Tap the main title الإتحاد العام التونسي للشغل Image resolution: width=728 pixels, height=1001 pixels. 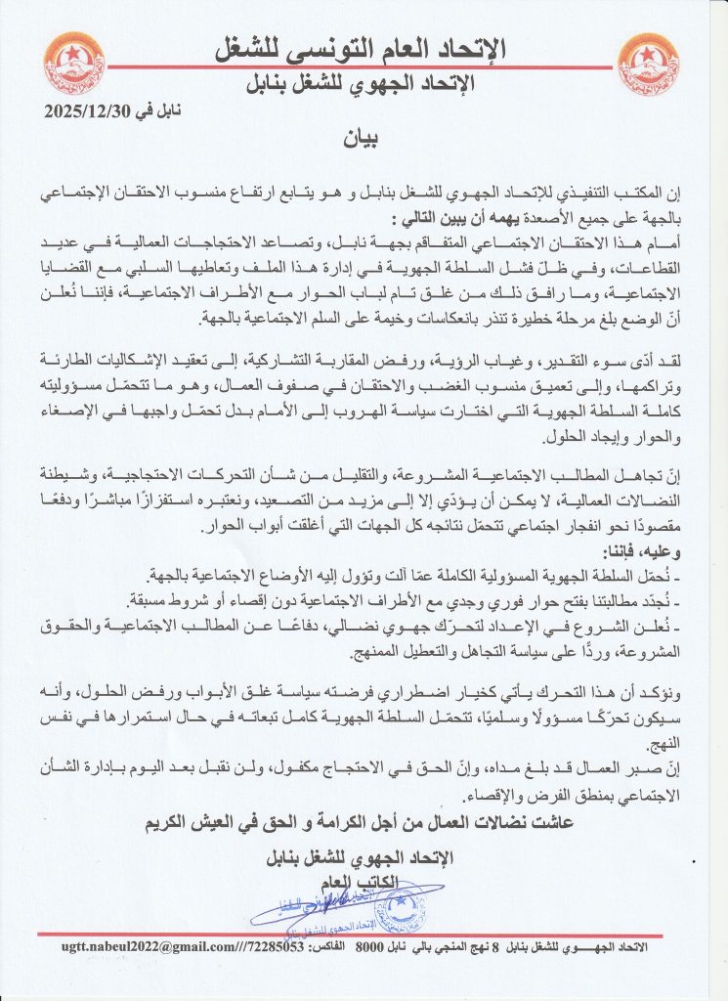365,48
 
